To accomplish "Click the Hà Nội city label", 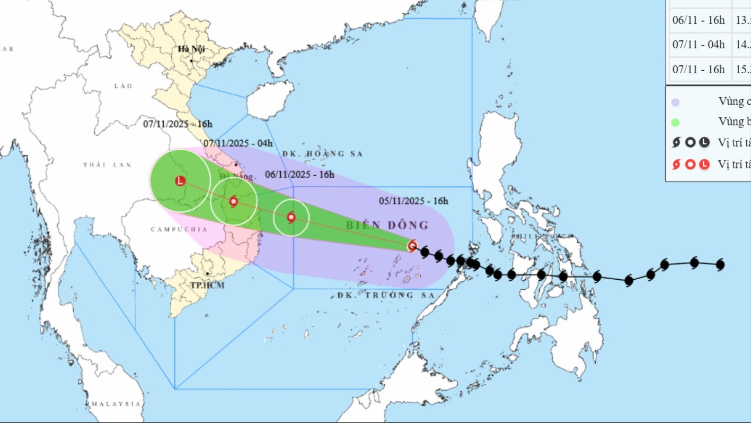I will (191, 49).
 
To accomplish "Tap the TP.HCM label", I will (207, 285).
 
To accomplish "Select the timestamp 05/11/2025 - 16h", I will (413, 201).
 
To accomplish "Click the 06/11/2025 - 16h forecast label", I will (299, 174).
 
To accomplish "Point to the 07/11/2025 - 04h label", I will (238, 143).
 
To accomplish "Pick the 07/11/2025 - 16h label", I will (178, 124).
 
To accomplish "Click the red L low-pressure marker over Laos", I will (180, 181).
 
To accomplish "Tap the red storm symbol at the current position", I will (412, 245).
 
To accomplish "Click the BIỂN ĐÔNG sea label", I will (387, 226).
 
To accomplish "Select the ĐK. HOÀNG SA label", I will (322, 154).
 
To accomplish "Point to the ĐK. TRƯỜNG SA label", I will (385, 295).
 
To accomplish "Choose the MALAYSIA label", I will (116, 404).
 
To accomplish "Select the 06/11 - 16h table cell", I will (698, 20).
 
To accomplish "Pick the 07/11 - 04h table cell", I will (698, 45).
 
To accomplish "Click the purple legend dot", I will (675, 102).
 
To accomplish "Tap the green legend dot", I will (675, 123).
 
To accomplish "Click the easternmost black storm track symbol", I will (720, 264).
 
